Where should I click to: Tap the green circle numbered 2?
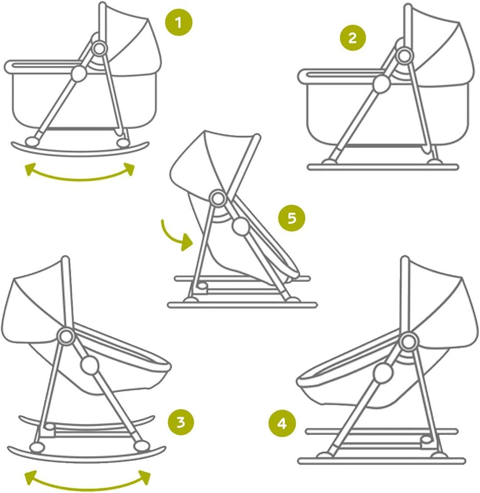pos(352,38)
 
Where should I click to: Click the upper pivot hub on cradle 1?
pos(99,46)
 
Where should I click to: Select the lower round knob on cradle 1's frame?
pos(79,73)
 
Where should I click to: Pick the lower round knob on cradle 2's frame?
pos(380,83)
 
